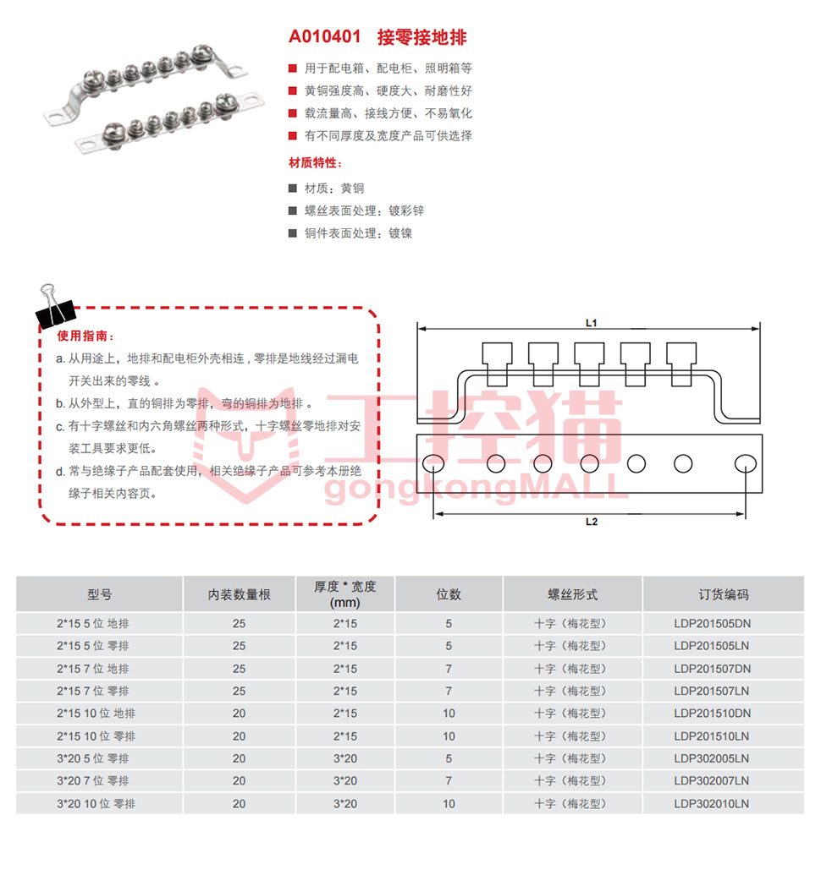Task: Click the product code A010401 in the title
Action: pos(324,36)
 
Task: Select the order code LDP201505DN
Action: pos(712,624)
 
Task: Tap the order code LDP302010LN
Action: pos(711,803)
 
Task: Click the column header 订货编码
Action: pos(723,594)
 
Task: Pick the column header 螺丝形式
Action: pos(573,594)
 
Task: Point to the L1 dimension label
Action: pos(592,323)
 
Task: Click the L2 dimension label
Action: pos(592,522)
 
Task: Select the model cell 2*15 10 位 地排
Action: pos(96,714)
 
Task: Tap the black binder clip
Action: pos(55,308)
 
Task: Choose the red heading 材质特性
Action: pos(315,162)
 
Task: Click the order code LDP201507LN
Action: pos(711,691)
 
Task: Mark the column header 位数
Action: pos(449,594)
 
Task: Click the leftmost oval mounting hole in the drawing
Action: pos(433,463)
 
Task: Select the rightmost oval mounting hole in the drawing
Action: pos(745,463)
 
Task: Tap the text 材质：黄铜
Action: pos(334,189)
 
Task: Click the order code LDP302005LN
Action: pos(711,758)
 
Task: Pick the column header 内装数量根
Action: pos(240,594)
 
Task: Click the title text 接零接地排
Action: pos(422,37)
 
